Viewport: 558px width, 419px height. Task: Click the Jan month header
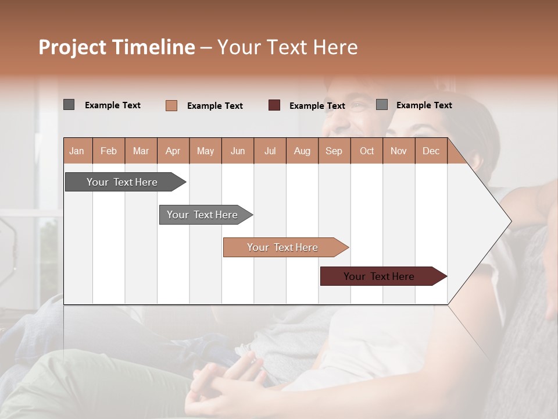77,151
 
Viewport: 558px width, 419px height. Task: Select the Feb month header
109,151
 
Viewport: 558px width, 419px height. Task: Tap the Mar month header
141,151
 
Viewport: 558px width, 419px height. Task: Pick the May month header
205,151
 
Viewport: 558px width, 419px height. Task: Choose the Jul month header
270,151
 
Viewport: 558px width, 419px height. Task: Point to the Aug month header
302,151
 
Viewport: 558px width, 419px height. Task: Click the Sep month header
334,151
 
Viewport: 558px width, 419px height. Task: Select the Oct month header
367,151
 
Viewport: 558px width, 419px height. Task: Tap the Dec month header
431,151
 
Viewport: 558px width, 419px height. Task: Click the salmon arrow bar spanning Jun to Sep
282,247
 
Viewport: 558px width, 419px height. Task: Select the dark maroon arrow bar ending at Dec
379,276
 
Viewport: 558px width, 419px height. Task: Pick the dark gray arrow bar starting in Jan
122,182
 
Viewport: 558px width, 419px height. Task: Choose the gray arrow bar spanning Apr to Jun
202,215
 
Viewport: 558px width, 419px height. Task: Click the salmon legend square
171,105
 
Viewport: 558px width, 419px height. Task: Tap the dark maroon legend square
274,105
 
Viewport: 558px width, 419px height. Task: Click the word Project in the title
73,47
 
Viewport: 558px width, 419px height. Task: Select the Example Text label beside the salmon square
215,106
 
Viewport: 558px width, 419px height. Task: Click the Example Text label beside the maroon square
317,106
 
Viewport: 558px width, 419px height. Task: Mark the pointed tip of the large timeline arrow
510,221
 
